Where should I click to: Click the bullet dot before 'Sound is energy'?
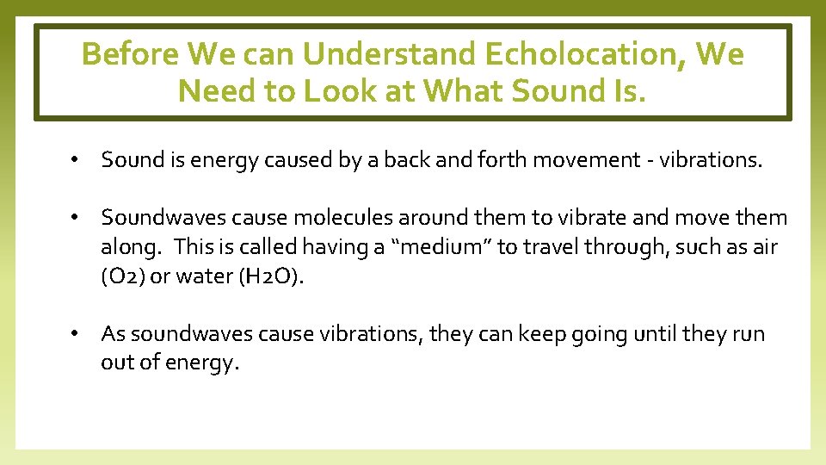pos(77,160)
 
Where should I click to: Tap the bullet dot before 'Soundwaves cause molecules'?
pos(77,219)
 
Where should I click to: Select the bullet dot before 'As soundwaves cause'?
pos(77,334)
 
